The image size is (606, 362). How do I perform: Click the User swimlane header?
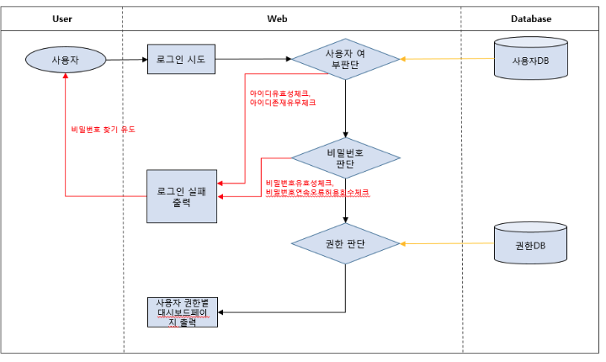coord(61,18)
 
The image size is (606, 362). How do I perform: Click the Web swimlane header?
coord(278,18)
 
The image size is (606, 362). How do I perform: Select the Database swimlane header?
coord(531,18)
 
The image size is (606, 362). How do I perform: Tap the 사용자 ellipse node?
coord(66,60)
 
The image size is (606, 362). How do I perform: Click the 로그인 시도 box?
coord(181,60)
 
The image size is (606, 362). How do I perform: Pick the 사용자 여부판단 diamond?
coord(345,60)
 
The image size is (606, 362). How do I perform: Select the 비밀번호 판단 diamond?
coord(345,158)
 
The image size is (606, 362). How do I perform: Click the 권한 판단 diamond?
coord(345,243)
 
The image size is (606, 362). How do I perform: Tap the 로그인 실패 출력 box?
coord(181,196)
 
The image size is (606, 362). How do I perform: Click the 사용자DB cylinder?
coord(529,60)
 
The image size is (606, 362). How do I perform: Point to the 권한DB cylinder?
coord(529,243)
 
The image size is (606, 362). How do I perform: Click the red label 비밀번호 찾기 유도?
coord(104,130)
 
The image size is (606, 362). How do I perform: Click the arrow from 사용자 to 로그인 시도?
coord(126,60)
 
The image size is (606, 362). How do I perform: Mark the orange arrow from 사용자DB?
coord(446,60)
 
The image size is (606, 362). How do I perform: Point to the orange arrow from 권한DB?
coord(446,243)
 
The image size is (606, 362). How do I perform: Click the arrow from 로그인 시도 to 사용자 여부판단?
coord(252,60)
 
